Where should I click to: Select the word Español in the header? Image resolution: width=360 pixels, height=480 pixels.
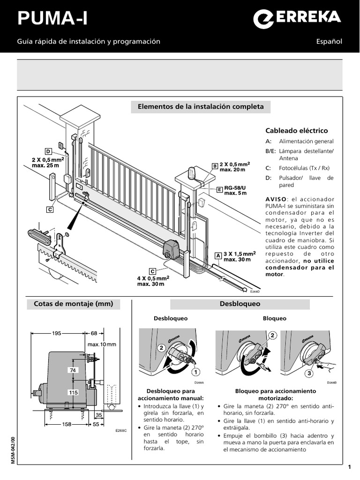(330, 42)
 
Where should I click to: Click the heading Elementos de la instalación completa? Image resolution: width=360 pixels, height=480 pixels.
(201, 107)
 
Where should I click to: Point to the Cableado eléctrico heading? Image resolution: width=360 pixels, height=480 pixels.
(297, 131)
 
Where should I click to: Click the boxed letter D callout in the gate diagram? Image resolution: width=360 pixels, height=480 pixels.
(48, 151)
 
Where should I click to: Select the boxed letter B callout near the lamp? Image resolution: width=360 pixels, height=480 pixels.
(215, 166)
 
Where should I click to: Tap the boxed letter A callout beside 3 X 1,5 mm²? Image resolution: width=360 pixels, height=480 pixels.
(217, 255)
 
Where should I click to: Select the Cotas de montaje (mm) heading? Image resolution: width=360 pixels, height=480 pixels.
(74, 304)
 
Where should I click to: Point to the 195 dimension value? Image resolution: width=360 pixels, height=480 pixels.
(57, 333)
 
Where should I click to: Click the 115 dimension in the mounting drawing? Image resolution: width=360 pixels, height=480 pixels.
(73, 392)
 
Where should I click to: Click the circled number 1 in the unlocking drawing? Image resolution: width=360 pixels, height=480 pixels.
(193, 372)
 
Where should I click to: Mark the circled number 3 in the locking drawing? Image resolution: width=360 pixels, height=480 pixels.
(309, 374)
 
